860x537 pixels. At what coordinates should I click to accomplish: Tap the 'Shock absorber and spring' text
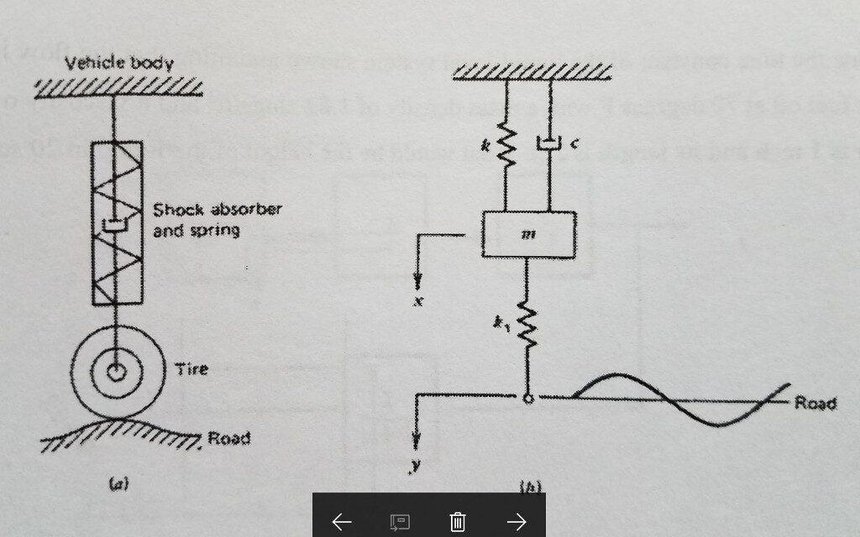[217, 219]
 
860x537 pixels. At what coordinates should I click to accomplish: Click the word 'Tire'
[191, 369]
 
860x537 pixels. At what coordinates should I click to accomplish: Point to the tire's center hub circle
[116, 371]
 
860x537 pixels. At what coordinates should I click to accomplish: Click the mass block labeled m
[528, 234]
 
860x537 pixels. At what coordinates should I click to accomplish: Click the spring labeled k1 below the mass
[527, 324]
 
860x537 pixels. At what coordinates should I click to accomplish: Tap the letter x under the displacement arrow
[417, 300]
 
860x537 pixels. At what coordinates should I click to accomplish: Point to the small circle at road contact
[527, 399]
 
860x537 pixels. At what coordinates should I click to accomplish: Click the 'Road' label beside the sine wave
[815, 404]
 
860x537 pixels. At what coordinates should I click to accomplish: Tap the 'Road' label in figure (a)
[228, 438]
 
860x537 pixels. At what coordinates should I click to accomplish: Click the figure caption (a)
[119, 483]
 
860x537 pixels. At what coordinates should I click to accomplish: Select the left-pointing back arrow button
[341, 522]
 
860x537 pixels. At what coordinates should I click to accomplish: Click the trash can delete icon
[458, 522]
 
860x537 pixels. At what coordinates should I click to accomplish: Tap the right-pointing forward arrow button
[517, 522]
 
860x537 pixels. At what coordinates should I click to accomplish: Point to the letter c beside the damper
[574, 144]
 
